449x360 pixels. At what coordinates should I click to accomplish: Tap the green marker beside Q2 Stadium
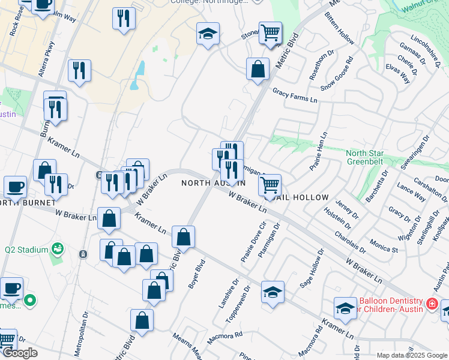pos(58,248)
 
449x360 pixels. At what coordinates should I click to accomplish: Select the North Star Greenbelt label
pos(369,157)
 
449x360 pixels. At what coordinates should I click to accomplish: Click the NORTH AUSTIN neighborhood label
pos(214,182)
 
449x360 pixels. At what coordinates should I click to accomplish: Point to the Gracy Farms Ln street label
pos(294,95)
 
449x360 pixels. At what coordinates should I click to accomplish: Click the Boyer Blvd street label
pos(197,274)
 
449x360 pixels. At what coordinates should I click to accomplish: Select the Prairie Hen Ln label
pos(318,151)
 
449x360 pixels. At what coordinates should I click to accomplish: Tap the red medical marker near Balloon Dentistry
pos(430,305)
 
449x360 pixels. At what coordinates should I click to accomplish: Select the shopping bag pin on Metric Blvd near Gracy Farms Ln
pos(258,68)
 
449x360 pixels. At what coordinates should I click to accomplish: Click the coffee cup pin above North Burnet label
pos(15,187)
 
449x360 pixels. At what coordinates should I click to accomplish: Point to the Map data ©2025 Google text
pos(412,355)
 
